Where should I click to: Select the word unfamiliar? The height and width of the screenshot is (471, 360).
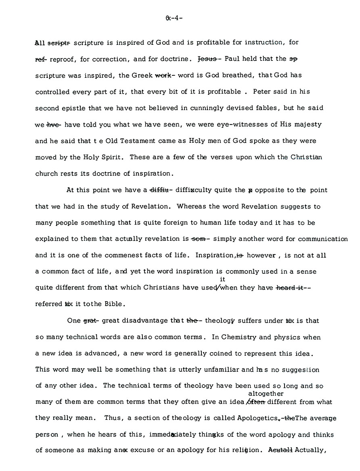[x=225, y=369]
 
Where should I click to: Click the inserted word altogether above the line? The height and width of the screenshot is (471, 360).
[x=266, y=393]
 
